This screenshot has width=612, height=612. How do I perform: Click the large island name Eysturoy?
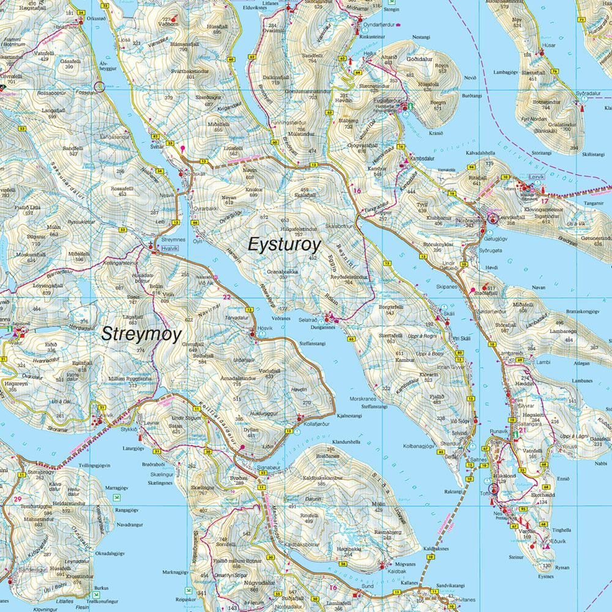[x=284, y=245]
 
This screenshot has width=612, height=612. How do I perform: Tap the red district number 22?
[x=226, y=297]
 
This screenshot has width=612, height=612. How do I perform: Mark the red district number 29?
[x=17, y=499]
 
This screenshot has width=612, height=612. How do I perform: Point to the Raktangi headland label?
[x=453, y=491]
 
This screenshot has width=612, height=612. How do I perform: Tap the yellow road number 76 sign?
[x=554, y=72]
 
